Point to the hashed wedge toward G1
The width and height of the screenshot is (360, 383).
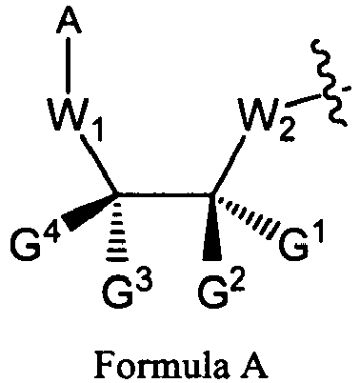pos(250,219)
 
